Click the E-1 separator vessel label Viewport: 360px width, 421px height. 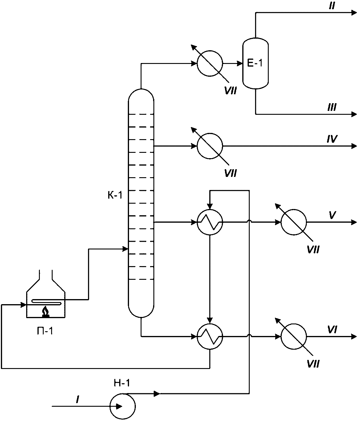(255, 63)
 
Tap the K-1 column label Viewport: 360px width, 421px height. (115, 195)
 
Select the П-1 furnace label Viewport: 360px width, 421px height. (45, 332)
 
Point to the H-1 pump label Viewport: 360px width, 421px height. (122, 383)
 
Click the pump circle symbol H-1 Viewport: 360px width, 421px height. (122, 406)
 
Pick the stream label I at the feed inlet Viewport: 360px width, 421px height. (77, 400)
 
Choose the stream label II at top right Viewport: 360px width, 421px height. (332, 7)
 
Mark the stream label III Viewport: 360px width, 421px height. (332, 107)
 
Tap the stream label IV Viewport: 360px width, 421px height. (332, 139)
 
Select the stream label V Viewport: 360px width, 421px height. (332, 215)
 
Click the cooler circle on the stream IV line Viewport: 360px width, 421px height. (210, 146)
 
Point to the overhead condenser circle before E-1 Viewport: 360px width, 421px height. (210, 64)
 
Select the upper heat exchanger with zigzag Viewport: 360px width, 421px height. (210, 222)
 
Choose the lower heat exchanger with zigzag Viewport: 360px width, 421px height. (210, 337)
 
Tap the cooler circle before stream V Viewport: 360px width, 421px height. (294, 222)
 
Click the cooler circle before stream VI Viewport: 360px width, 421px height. (294, 337)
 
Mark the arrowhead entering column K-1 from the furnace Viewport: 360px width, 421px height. (125, 249)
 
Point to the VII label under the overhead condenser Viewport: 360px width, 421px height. (230, 91)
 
